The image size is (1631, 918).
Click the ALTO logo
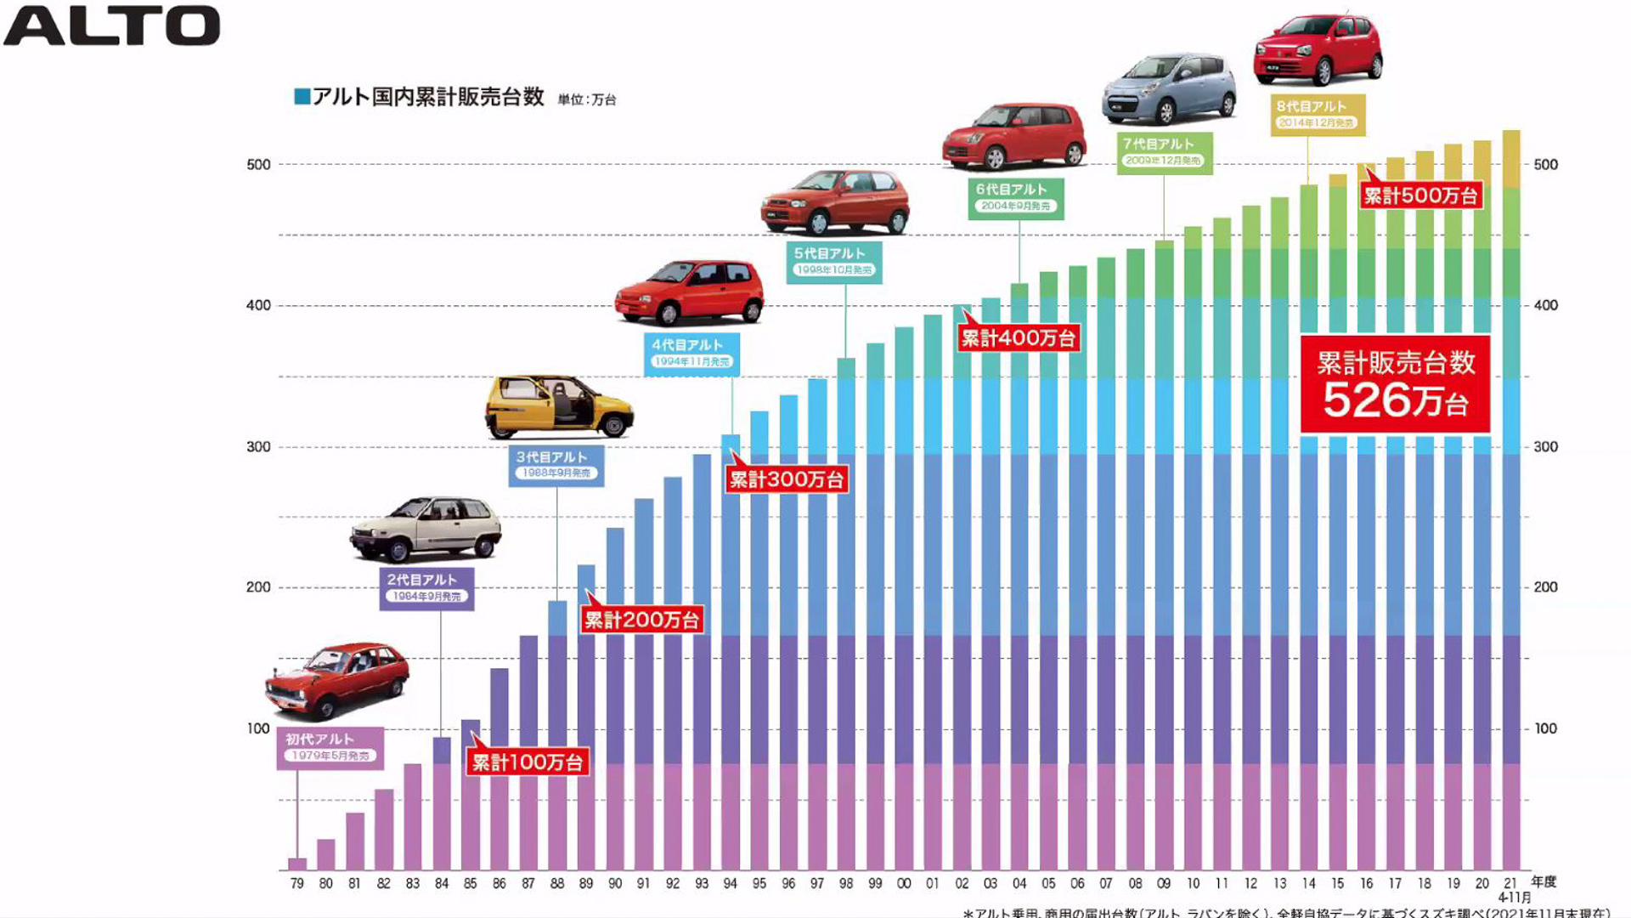[112, 25]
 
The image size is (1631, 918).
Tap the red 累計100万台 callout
[527, 762]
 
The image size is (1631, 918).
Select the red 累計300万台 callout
[786, 479]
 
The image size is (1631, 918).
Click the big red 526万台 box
[1395, 384]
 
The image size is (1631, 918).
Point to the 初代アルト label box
[330, 747]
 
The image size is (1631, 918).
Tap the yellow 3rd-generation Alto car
[559, 406]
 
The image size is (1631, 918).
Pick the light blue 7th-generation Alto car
[1170, 88]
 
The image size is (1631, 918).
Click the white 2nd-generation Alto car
[426, 528]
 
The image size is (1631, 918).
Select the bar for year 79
[297, 864]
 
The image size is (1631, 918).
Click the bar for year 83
[413, 816]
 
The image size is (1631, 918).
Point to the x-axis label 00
[904, 884]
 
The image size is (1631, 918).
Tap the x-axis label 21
[1510, 884]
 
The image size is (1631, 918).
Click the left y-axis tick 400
[258, 305]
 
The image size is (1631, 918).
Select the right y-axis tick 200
[1545, 587]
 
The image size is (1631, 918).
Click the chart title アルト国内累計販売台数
[428, 97]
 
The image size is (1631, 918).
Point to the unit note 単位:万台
[587, 99]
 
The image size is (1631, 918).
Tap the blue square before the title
[302, 96]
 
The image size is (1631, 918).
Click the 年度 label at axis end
[1544, 881]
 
